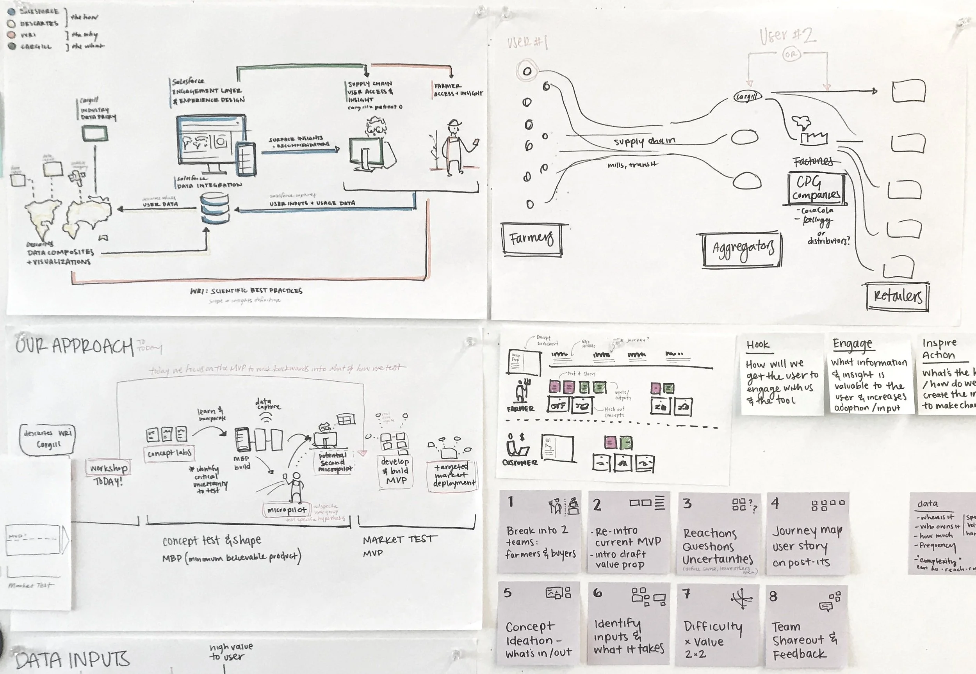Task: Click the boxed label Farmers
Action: [x=532, y=239]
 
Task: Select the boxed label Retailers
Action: [x=898, y=297]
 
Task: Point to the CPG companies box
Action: [x=816, y=188]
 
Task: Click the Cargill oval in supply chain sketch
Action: [x=747, y=97]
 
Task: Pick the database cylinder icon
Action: [x=215, y=208]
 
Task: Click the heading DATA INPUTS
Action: [x=72, y=659]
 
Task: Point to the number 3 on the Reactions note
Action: [x=687, y=503]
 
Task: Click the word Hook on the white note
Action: [x=758, y=345]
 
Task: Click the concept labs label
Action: [x=169, y=453]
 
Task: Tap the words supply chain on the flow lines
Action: [x=644, y=141]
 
